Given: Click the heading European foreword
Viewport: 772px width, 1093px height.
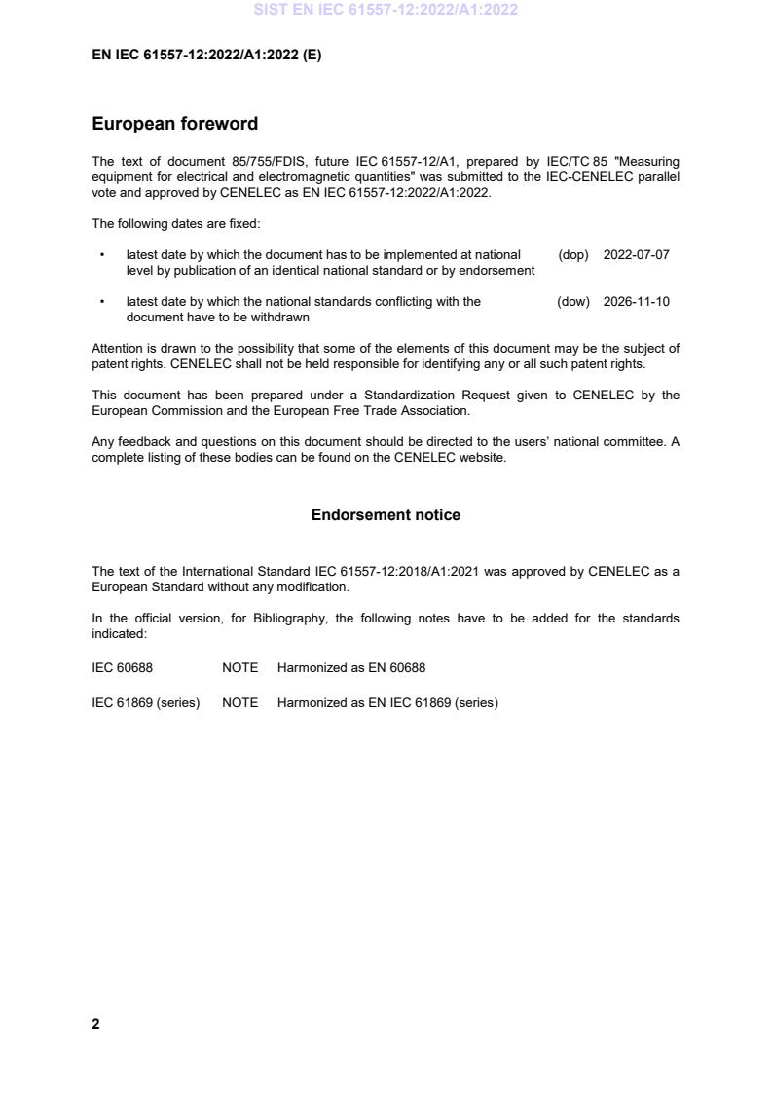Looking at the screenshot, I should click(x=174, y=124).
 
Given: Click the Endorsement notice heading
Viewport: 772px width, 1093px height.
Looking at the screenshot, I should click(x=386, y=514).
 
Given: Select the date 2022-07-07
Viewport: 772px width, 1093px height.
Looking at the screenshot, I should click(x=636, y=255).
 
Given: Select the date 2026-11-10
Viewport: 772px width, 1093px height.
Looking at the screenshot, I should click(x=636, y=302).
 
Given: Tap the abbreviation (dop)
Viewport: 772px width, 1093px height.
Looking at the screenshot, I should click(x=573, y=255).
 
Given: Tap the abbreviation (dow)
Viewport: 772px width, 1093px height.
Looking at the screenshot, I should click(x=573, y=302).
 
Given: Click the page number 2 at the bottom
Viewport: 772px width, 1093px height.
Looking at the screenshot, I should click(x=95, y=1024).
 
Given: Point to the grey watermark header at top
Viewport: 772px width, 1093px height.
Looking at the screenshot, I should click(x=386, y=10).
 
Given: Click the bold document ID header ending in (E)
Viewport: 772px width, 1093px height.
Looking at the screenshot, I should click(x=206, y=55).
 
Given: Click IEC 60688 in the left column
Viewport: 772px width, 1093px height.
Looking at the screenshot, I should click(x=122, y=668).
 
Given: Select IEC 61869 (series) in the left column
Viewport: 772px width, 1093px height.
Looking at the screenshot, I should click(x=145, y=702).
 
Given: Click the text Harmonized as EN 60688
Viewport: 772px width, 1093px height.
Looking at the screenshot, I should click(x=350, y=668).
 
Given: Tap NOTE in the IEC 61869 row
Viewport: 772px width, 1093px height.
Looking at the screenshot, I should click(x=239, y=702).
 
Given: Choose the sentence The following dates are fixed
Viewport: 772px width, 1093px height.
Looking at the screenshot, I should click(x=175, y=223).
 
